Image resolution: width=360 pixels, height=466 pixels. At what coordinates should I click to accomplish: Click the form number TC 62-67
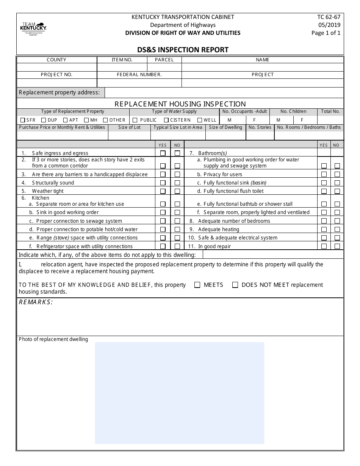point(329,17)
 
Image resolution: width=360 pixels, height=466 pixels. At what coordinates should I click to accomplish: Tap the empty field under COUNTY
point(56,67)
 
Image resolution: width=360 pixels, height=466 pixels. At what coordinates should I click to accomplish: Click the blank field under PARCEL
point(164,67)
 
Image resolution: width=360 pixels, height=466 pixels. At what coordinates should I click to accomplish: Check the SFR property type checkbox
point(22,120)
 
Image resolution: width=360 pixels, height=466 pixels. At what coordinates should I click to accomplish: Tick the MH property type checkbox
point(86,120)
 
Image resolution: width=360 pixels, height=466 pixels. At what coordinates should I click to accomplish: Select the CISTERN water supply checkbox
point(166,120)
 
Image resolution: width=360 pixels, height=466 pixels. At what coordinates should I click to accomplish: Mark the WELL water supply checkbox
point(200,120)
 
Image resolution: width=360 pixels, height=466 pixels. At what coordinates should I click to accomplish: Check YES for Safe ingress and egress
point(163,153)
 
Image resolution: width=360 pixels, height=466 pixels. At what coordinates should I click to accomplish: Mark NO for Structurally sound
point(177,183)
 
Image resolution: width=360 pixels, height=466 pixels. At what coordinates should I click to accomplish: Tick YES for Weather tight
point(163,191)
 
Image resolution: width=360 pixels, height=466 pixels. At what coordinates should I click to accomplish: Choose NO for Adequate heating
point(337,230)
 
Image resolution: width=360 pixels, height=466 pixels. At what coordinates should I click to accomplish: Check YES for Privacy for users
point(324,175)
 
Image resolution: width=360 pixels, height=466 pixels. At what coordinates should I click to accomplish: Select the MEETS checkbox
point(197,285)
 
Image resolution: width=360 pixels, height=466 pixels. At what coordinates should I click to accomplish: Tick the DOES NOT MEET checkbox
point(235,285)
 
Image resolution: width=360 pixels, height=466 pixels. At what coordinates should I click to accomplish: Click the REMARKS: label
point(36,302)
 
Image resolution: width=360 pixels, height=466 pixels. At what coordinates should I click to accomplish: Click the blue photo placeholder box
point(179,393)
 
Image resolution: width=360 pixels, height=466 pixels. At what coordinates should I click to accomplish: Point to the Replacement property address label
point(59,92)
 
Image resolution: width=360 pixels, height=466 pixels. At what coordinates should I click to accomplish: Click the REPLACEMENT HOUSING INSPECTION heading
point(180,104)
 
